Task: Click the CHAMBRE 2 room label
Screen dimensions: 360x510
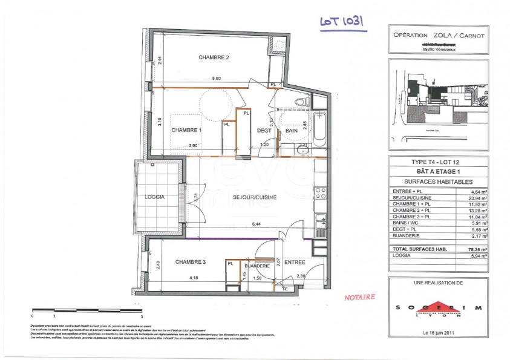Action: [x=214, y=57]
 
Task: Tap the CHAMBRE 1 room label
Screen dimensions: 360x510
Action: [x=186, y=130]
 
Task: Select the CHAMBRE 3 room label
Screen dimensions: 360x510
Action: [x=191, y=261]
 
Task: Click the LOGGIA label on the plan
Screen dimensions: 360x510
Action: [x=155, y=197]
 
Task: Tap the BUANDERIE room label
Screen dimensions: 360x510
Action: [x=257, y=266]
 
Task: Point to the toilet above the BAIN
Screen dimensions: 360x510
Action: [x=297, y=102]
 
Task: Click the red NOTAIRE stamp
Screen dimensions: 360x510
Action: [x=359, y=297]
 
